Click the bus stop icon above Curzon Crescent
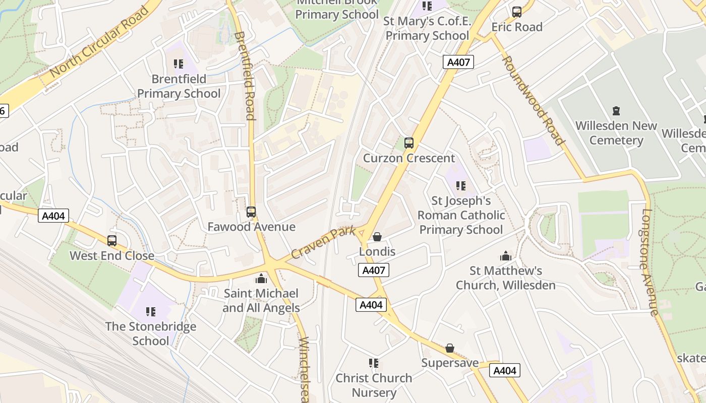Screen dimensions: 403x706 [408, 143]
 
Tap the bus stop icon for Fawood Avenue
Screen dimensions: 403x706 [251, 212]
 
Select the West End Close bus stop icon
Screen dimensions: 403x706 [112, 241]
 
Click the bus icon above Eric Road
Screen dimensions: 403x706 [516, 12]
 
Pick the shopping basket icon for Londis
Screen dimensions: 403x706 [377, 237]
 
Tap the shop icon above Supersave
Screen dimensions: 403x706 [449, 348]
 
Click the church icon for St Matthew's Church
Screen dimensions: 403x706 [505, 256]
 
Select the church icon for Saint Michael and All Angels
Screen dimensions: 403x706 [261, 278]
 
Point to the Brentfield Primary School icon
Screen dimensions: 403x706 [178, 64]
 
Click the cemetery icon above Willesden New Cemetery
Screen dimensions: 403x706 [616, 110]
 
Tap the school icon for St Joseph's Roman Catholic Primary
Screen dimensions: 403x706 [460, 186]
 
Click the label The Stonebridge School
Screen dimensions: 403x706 [151, 333]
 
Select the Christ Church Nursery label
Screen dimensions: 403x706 [374, 385]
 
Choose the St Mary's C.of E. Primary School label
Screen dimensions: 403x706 [427, 28]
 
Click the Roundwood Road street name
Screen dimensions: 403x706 [533, 100]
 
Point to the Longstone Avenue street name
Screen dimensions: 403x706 [650, 262]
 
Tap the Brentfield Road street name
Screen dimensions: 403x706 [244, 76]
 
